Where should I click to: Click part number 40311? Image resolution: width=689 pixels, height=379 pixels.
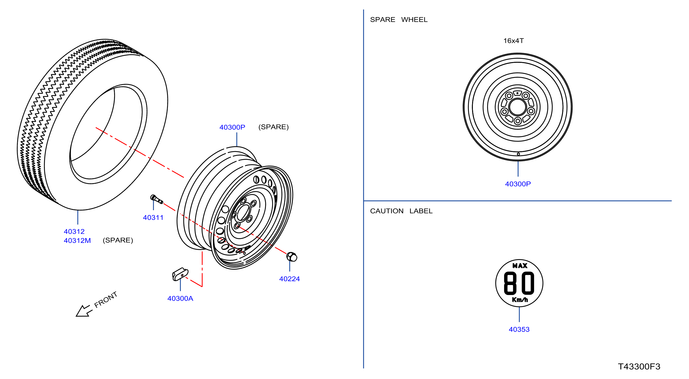(153, 217)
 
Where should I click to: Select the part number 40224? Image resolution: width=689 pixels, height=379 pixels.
(289, 279)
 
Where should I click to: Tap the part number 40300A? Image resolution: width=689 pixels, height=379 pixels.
(180, 298)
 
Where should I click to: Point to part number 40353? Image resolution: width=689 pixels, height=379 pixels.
(519, 329)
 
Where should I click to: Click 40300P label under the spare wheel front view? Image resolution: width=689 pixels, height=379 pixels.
(518, 184)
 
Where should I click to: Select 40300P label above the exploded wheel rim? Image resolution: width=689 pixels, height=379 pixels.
(232, 127)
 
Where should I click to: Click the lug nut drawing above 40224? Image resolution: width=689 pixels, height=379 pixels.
(291, 257)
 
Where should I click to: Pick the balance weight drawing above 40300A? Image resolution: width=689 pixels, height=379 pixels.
(180, 274)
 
